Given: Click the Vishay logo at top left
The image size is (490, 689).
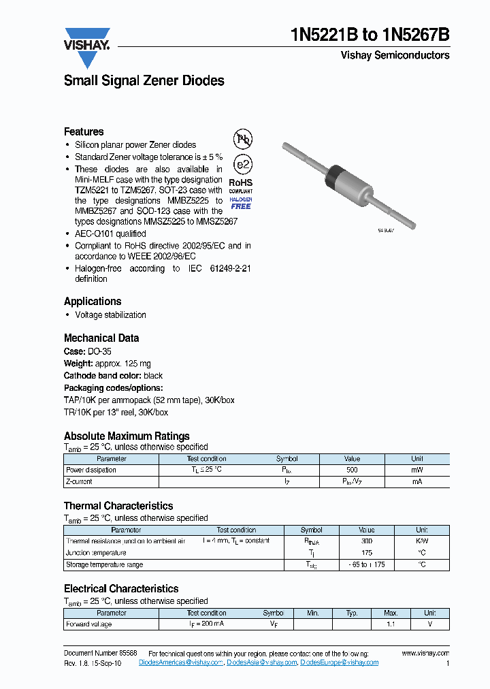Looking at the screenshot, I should [x=87, y=46].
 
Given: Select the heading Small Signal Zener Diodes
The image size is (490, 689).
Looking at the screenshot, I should [x=144, y=80].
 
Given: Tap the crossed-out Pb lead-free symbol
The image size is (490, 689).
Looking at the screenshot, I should [x=243, y=140].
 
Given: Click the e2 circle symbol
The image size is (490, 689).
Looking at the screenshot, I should [x=243, y=165].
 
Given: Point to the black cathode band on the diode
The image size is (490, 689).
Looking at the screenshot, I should [x=333, y=179].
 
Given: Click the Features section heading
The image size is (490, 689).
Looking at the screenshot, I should [x=84, y=131].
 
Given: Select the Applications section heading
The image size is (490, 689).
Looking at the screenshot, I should [x=93, y=301].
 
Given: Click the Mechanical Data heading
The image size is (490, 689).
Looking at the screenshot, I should [x=101, y=338].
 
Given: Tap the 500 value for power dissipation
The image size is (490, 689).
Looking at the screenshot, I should [x=352, y=470].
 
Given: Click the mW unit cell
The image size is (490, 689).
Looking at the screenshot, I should [x=416, y=470].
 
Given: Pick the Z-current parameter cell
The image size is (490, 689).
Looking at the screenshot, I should [x=79, y=481].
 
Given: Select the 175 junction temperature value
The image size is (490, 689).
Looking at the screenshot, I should [x=366, y=553].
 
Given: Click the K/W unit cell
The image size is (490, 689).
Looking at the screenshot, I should [x=422, y=541].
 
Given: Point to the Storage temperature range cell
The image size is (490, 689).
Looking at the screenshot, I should [x=104, y=564].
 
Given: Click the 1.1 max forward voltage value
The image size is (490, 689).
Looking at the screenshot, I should [x=391, y=624].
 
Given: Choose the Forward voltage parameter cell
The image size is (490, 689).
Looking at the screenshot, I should [x=88, y=624].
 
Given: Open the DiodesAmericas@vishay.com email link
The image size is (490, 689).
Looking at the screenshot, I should [x=181, y=662].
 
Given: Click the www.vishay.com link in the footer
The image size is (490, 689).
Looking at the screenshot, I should [x=425, y=653].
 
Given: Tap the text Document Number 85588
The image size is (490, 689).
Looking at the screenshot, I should [x=100, y=653].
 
